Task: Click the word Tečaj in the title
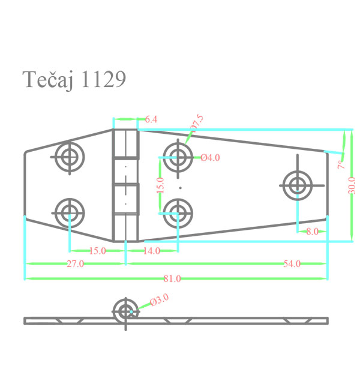48,80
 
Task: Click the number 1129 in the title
103,79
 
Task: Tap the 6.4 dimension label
151,119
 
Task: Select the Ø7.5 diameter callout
197,122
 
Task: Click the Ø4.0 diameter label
210,158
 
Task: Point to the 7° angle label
341,164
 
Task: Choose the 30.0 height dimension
352,185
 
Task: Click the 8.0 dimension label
312,232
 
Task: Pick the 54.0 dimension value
292,263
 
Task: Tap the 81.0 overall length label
172,278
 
